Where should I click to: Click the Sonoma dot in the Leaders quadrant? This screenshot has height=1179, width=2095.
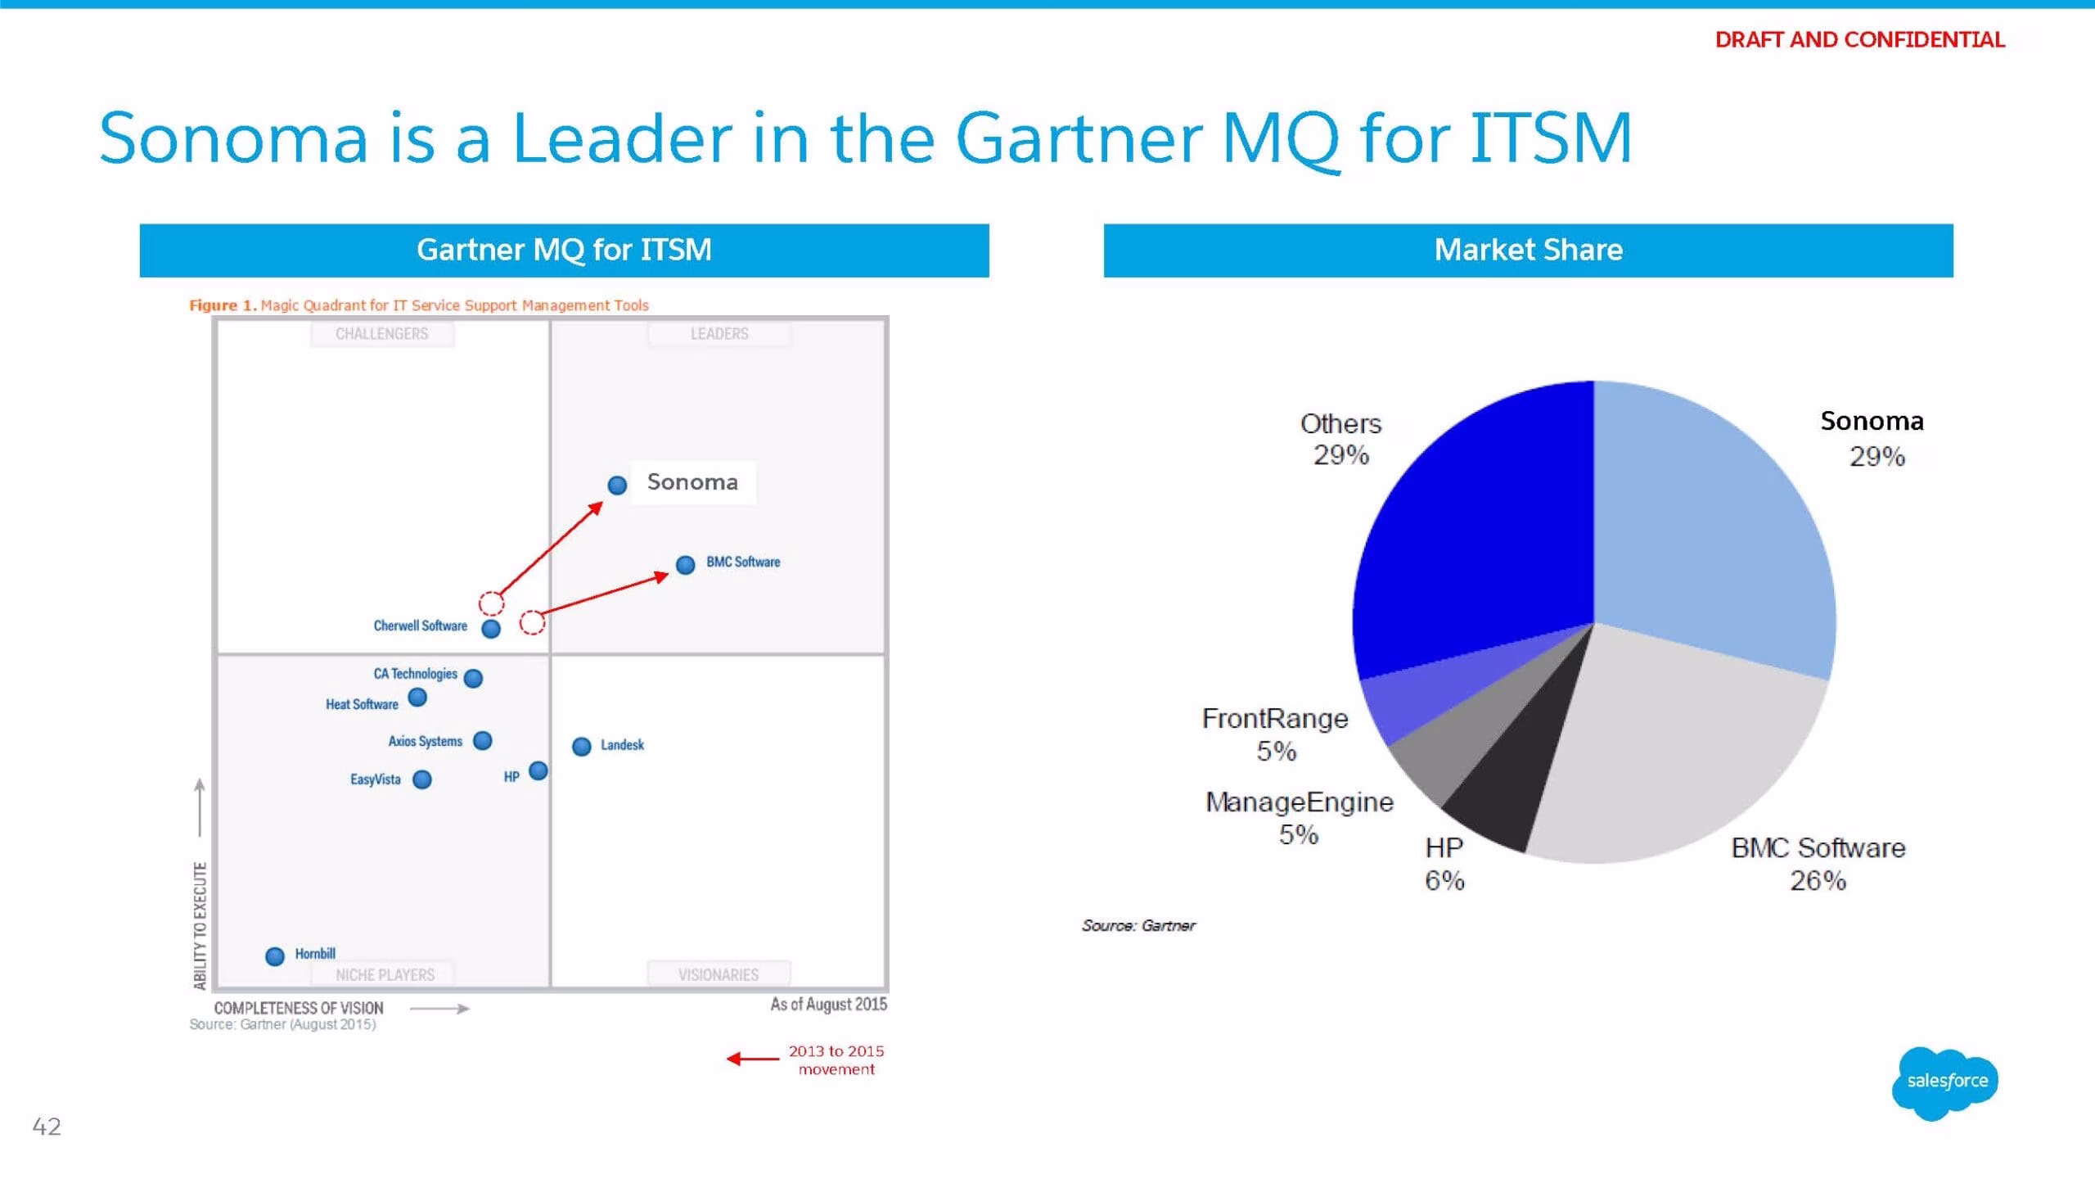(x=617, y=486)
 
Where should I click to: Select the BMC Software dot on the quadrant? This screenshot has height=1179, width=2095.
(x=686, y=564)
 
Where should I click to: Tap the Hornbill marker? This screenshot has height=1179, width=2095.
(x=275, y=955)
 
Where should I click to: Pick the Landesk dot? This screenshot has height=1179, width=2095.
(x=582, y=746)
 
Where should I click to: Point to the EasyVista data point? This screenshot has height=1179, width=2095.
(x=422, y=779)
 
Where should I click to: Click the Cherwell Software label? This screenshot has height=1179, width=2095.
(x=421, y=626)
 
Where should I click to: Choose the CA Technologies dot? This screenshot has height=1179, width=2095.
(x=473, y=678)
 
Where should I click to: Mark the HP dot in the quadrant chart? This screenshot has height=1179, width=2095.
(x=538, y=770)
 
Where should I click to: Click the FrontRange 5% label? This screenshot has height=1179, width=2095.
(x=1275, y=734)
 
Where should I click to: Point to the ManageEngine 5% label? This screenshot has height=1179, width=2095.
(x=1299, y=818)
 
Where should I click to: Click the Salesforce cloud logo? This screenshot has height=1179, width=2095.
(x=1945, y=1082)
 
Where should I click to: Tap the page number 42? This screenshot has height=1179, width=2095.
(x=47, y=1127)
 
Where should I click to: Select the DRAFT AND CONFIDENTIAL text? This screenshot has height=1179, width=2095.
(x=1859, y=39)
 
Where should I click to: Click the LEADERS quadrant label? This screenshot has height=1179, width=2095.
(x=719, y=334)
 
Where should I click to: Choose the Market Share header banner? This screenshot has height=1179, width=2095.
(x=1528, y=251)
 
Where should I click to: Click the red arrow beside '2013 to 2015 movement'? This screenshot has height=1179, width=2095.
(x=753, y=1059)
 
